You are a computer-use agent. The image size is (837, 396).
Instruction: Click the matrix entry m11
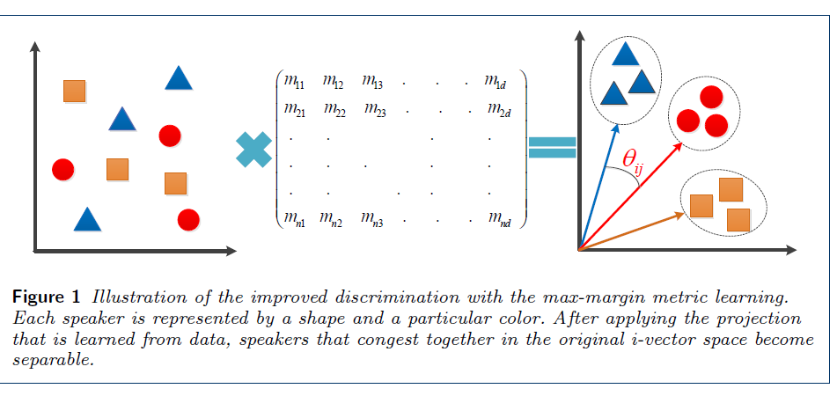tap(290, 83)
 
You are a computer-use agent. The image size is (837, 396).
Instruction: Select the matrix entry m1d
tap(496, 83)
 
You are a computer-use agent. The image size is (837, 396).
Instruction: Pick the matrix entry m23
tap(373, 111)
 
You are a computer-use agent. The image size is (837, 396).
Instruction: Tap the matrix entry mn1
tap(290, 218)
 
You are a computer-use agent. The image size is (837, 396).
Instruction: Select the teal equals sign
tap(552, 147)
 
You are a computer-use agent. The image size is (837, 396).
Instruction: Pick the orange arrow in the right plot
tap(634, 231)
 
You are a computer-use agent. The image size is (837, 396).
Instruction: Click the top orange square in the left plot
tap(75, 91)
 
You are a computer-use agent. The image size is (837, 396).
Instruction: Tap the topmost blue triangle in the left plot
tap(179, 78)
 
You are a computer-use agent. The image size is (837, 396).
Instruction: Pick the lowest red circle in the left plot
tap(188, 219)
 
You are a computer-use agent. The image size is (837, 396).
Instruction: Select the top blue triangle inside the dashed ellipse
tap(625, 55)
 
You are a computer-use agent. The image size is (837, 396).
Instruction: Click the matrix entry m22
tap(334, 111)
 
